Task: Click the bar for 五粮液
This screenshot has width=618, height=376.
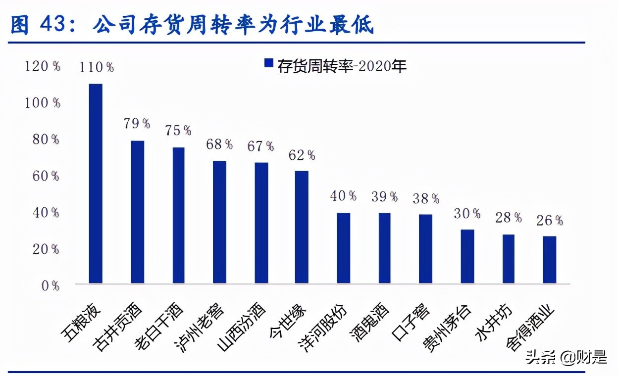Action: [96, 184]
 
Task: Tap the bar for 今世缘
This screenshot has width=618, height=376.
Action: [302, 227]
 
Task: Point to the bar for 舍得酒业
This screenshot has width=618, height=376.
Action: [549, 260]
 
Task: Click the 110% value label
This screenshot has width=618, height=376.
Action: [97, 67]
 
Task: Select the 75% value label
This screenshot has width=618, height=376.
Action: [178, 130]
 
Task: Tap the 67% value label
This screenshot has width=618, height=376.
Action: [260, 146]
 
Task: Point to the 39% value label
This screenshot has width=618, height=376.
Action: [384, 196]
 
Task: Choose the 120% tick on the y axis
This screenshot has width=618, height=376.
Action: [43, 66]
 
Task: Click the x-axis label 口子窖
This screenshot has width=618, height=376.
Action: [411, 319]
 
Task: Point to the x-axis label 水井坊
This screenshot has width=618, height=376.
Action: [493, 321]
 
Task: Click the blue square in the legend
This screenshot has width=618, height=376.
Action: [269, 63]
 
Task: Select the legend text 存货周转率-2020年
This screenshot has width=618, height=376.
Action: [342, 64]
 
